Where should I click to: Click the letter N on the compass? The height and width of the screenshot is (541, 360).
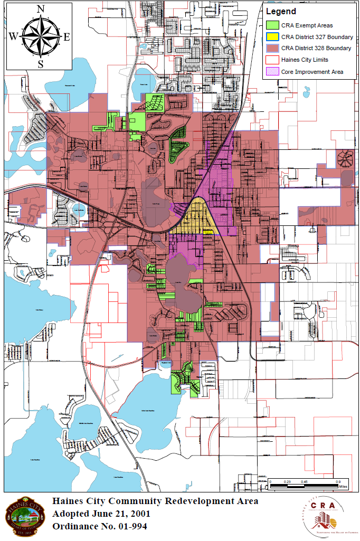pyautogui.click(x=40, y=8)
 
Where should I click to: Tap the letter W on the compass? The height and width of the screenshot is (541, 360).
pyautogui.click(x=12, y=36)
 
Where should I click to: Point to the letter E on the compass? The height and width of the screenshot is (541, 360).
pyautogui.click(x=67, y=36)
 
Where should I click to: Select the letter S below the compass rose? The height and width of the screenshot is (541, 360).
pyautogui.click(x=40, y=64)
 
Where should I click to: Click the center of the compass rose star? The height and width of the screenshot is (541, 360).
pyautogui.click(x=40, y=36)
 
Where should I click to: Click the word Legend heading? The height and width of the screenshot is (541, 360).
pyautogui.click(x=281, y=11)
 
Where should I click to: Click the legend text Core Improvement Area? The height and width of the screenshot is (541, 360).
pyautogui.click(x=312, y=72)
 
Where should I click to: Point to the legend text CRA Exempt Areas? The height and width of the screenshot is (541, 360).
pyautogui.click(x=307, y=25)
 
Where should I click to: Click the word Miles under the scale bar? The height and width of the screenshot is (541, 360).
pyautogui.click(x=344, y=486)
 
